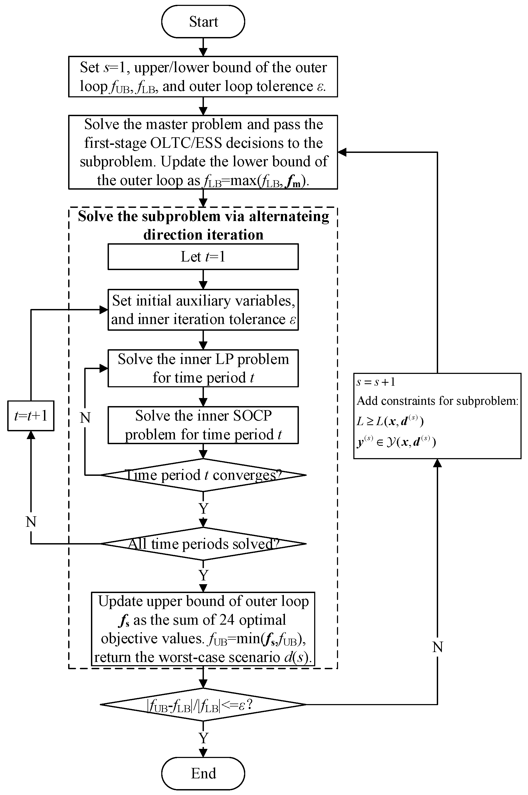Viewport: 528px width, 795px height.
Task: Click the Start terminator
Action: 203,21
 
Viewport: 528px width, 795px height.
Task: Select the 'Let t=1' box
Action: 203,257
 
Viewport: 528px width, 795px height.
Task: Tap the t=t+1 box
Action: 31,416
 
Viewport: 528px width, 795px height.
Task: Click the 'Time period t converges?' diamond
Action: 203,475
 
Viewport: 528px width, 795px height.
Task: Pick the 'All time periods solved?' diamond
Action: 203,544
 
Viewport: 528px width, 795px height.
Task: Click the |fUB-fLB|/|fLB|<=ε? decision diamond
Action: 203,704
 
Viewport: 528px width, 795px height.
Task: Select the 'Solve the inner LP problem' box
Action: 203,368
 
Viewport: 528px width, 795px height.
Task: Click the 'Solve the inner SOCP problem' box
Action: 203,425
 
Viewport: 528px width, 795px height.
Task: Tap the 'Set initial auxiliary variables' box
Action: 203,310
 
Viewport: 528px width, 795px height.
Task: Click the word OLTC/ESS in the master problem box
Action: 186,143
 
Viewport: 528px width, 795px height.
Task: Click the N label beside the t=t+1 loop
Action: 31,522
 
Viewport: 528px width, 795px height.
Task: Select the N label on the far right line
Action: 437,647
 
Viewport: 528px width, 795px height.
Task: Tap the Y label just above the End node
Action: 203,738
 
